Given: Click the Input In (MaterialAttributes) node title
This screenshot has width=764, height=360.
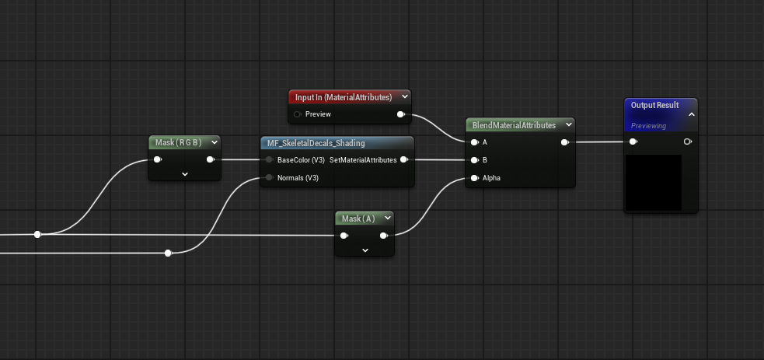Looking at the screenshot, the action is point(344,97).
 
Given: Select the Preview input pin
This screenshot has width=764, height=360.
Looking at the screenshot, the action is point(297,114).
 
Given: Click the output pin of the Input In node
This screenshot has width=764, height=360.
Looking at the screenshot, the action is point(400,114).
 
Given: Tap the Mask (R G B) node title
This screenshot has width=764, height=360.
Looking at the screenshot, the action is point(178,142).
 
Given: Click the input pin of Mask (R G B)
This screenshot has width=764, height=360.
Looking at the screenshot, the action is point(157,159).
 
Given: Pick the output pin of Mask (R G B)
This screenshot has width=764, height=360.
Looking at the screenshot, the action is point(211,159).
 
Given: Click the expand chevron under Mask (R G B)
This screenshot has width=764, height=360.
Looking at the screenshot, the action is point(185,174).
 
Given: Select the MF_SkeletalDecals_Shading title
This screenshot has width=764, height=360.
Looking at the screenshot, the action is point(316,143).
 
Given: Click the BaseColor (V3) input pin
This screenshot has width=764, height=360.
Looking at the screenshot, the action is point(269,159).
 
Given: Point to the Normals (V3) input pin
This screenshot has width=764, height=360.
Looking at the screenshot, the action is point(269,178).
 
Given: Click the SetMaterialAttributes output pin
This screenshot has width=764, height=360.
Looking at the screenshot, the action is point(404,159).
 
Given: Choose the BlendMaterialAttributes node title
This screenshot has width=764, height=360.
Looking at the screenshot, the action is point(514,125).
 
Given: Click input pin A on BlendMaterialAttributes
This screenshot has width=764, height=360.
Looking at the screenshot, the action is point(474,142).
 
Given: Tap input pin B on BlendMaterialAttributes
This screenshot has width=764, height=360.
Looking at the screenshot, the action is point(474,159).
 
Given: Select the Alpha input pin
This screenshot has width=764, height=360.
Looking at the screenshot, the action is point(474,178).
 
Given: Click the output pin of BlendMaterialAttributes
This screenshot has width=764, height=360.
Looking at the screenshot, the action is point(564,142).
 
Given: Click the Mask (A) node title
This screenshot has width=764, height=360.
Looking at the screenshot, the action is point(358,218).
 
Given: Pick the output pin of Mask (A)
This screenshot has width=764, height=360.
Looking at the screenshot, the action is point(383,236).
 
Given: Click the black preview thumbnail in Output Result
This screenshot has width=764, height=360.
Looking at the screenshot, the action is point(654,183).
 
